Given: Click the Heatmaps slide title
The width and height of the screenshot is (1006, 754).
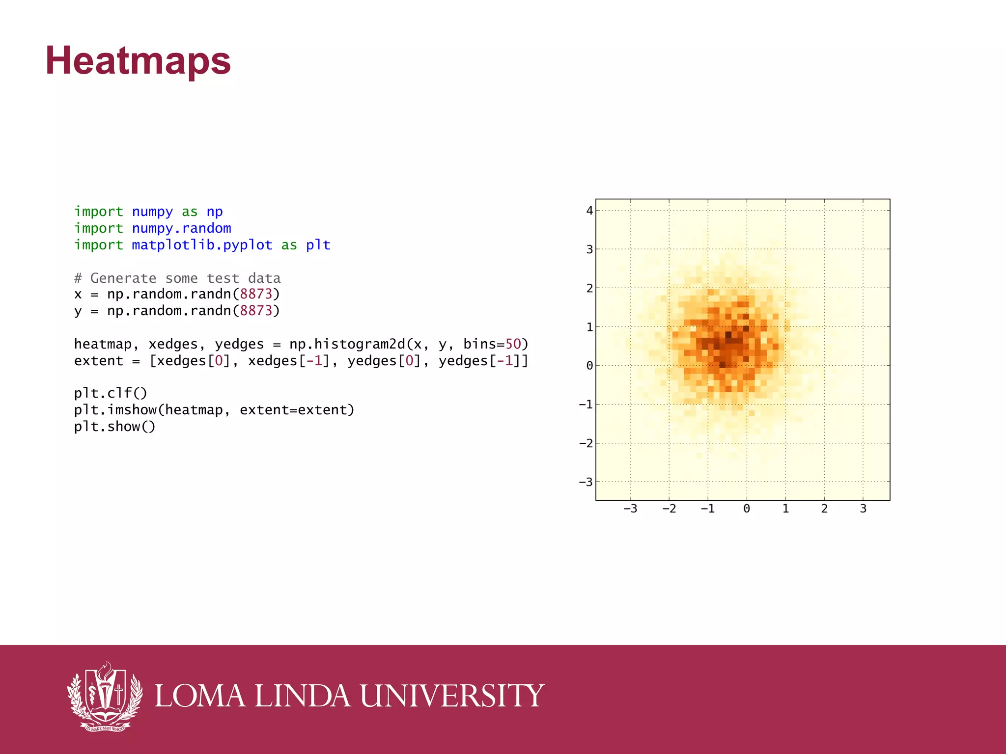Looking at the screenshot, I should [x=138, y=61].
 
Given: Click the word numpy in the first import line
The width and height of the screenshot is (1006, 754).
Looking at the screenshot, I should [x=152, y=212].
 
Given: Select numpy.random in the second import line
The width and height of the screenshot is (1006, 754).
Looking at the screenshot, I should [x=181, y=228].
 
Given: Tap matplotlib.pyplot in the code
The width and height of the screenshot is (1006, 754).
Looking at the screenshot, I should [x=202, y=245].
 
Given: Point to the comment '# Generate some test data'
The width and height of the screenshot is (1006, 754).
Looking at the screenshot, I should [x=177, y=278].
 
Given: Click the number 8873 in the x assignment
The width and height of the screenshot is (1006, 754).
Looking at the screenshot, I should [x=256, y=294].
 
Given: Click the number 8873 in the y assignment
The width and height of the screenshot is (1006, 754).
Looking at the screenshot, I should [x=256, y=311].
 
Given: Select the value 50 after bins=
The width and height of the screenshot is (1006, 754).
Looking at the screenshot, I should [x=513, y=344].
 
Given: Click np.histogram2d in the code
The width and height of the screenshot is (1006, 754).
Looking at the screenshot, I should [x=347, y=344].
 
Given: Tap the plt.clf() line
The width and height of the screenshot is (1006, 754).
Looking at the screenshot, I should [x=111, y=393].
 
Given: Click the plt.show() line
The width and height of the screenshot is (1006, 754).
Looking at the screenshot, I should [x=114, y=427].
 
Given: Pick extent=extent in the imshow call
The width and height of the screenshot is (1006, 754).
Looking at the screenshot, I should [x=297, y=410].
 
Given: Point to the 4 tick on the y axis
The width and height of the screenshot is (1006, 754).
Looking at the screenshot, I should [x=589, y=211].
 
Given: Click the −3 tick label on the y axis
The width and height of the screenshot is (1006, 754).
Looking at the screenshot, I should [x=586, y=482].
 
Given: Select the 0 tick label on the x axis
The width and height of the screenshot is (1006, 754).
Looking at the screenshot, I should [x=747, y=509].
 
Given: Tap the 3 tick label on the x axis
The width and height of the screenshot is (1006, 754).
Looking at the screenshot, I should [x=863, y=509].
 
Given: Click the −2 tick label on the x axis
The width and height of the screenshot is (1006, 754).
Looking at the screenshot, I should [x=669, y=509].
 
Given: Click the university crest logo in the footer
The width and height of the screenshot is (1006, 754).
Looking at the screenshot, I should [x=105, y=697].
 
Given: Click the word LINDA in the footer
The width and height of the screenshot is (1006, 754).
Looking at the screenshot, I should [x=303, y=696].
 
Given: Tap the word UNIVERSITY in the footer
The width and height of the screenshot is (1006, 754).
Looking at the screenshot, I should [x=452, y=696].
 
